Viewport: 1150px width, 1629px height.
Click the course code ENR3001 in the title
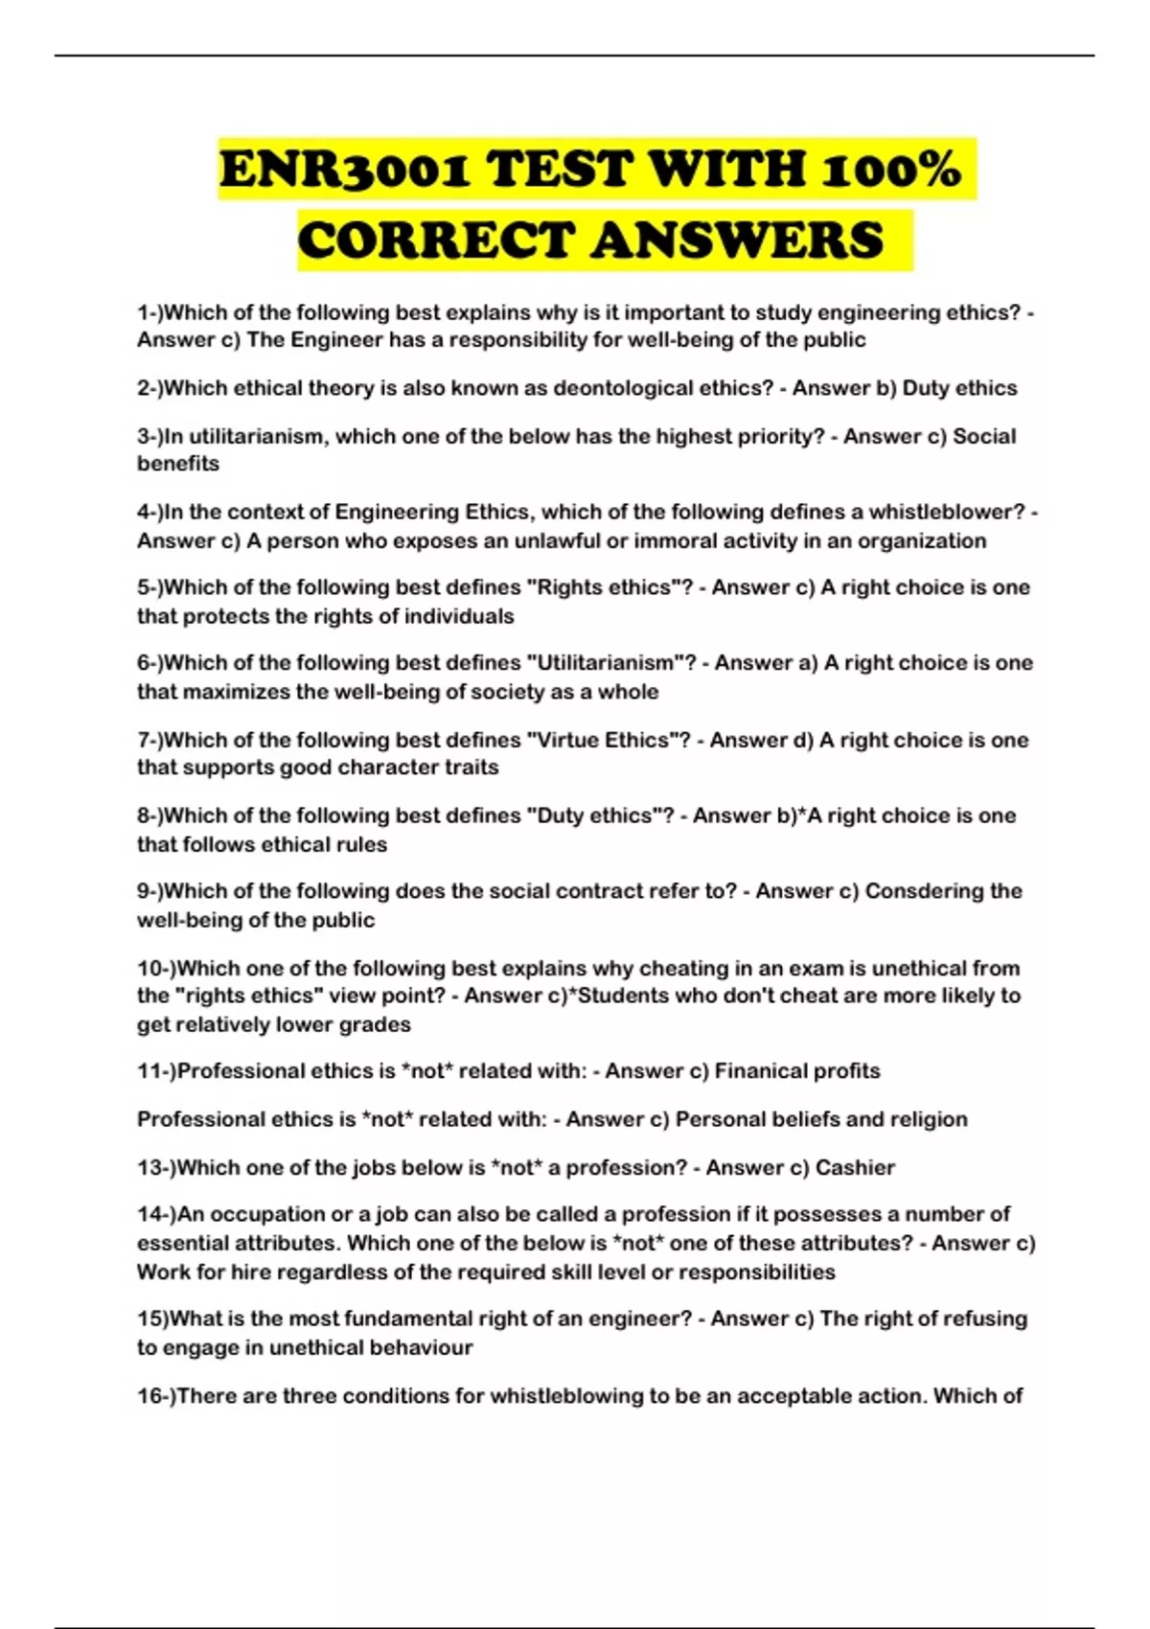(344, 171)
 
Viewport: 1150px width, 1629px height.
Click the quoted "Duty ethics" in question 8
(594, 815)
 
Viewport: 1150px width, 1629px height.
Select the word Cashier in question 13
(855, 1168)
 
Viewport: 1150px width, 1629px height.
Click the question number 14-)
(156, 1215)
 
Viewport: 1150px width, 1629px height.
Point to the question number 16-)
(156, 1396)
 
